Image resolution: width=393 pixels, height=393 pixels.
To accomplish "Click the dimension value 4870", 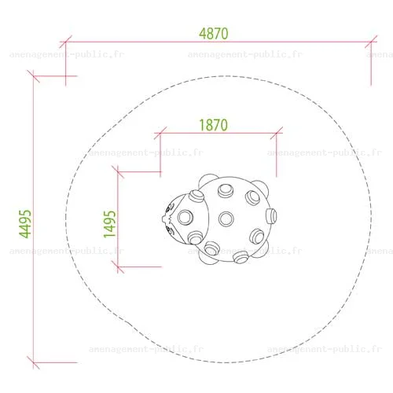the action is [x=214, y=34].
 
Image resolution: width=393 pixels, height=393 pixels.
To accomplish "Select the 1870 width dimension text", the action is [x=214, y=125].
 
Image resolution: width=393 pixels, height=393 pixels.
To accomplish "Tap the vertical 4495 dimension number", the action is [x=25, y=224].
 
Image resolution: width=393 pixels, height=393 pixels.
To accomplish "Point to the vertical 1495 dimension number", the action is [x=109, y=224].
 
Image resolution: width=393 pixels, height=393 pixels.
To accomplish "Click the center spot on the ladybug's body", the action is [x=226, y=219].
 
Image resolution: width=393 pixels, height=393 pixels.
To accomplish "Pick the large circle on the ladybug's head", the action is [x=185, y=217].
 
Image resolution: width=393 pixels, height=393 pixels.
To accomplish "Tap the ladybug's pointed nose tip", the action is [x=163, y=219].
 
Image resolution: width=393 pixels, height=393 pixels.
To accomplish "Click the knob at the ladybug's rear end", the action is [x=271, y=216].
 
